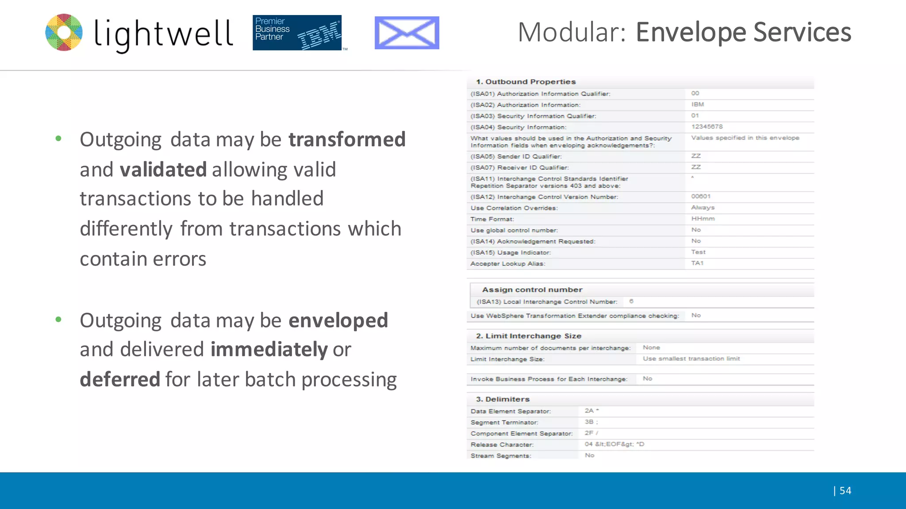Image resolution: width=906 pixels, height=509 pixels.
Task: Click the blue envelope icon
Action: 407,33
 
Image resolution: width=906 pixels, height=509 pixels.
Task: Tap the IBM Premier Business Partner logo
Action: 297,33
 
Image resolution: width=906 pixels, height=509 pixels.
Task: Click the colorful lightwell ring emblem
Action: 64,32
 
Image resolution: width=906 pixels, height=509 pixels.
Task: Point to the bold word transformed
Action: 347,139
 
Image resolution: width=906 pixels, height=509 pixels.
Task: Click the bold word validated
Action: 163,169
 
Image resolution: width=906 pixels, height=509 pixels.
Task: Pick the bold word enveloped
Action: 338,320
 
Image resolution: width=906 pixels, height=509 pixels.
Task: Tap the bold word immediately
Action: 269,349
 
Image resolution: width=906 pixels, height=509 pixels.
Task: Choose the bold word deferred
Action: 120,380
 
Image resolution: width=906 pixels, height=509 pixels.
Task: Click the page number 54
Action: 845,490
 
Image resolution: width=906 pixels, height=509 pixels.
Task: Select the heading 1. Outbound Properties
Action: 526,82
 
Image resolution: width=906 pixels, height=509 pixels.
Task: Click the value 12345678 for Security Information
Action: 707,127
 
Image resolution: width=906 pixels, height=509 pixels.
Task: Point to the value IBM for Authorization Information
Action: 698,105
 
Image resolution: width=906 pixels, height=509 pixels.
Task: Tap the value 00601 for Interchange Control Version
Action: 701,196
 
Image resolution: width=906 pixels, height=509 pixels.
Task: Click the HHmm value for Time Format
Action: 703,219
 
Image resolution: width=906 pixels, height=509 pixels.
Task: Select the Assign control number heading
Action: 532,290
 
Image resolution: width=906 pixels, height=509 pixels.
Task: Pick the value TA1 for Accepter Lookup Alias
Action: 697,263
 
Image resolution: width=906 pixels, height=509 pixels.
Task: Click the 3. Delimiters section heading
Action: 503,399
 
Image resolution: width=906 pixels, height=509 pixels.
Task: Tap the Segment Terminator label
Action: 504,422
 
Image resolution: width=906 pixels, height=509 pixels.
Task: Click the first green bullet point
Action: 58,139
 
